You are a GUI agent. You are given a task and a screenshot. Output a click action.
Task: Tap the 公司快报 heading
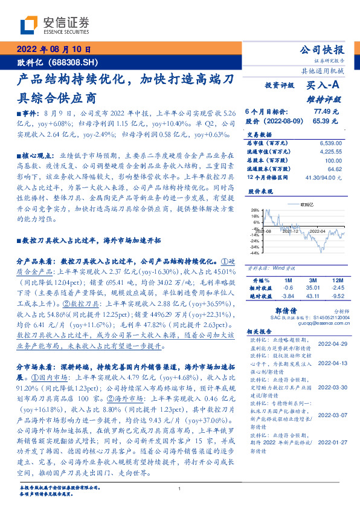pos(323,50)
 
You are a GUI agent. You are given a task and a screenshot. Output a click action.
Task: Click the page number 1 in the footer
pos(180,488)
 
